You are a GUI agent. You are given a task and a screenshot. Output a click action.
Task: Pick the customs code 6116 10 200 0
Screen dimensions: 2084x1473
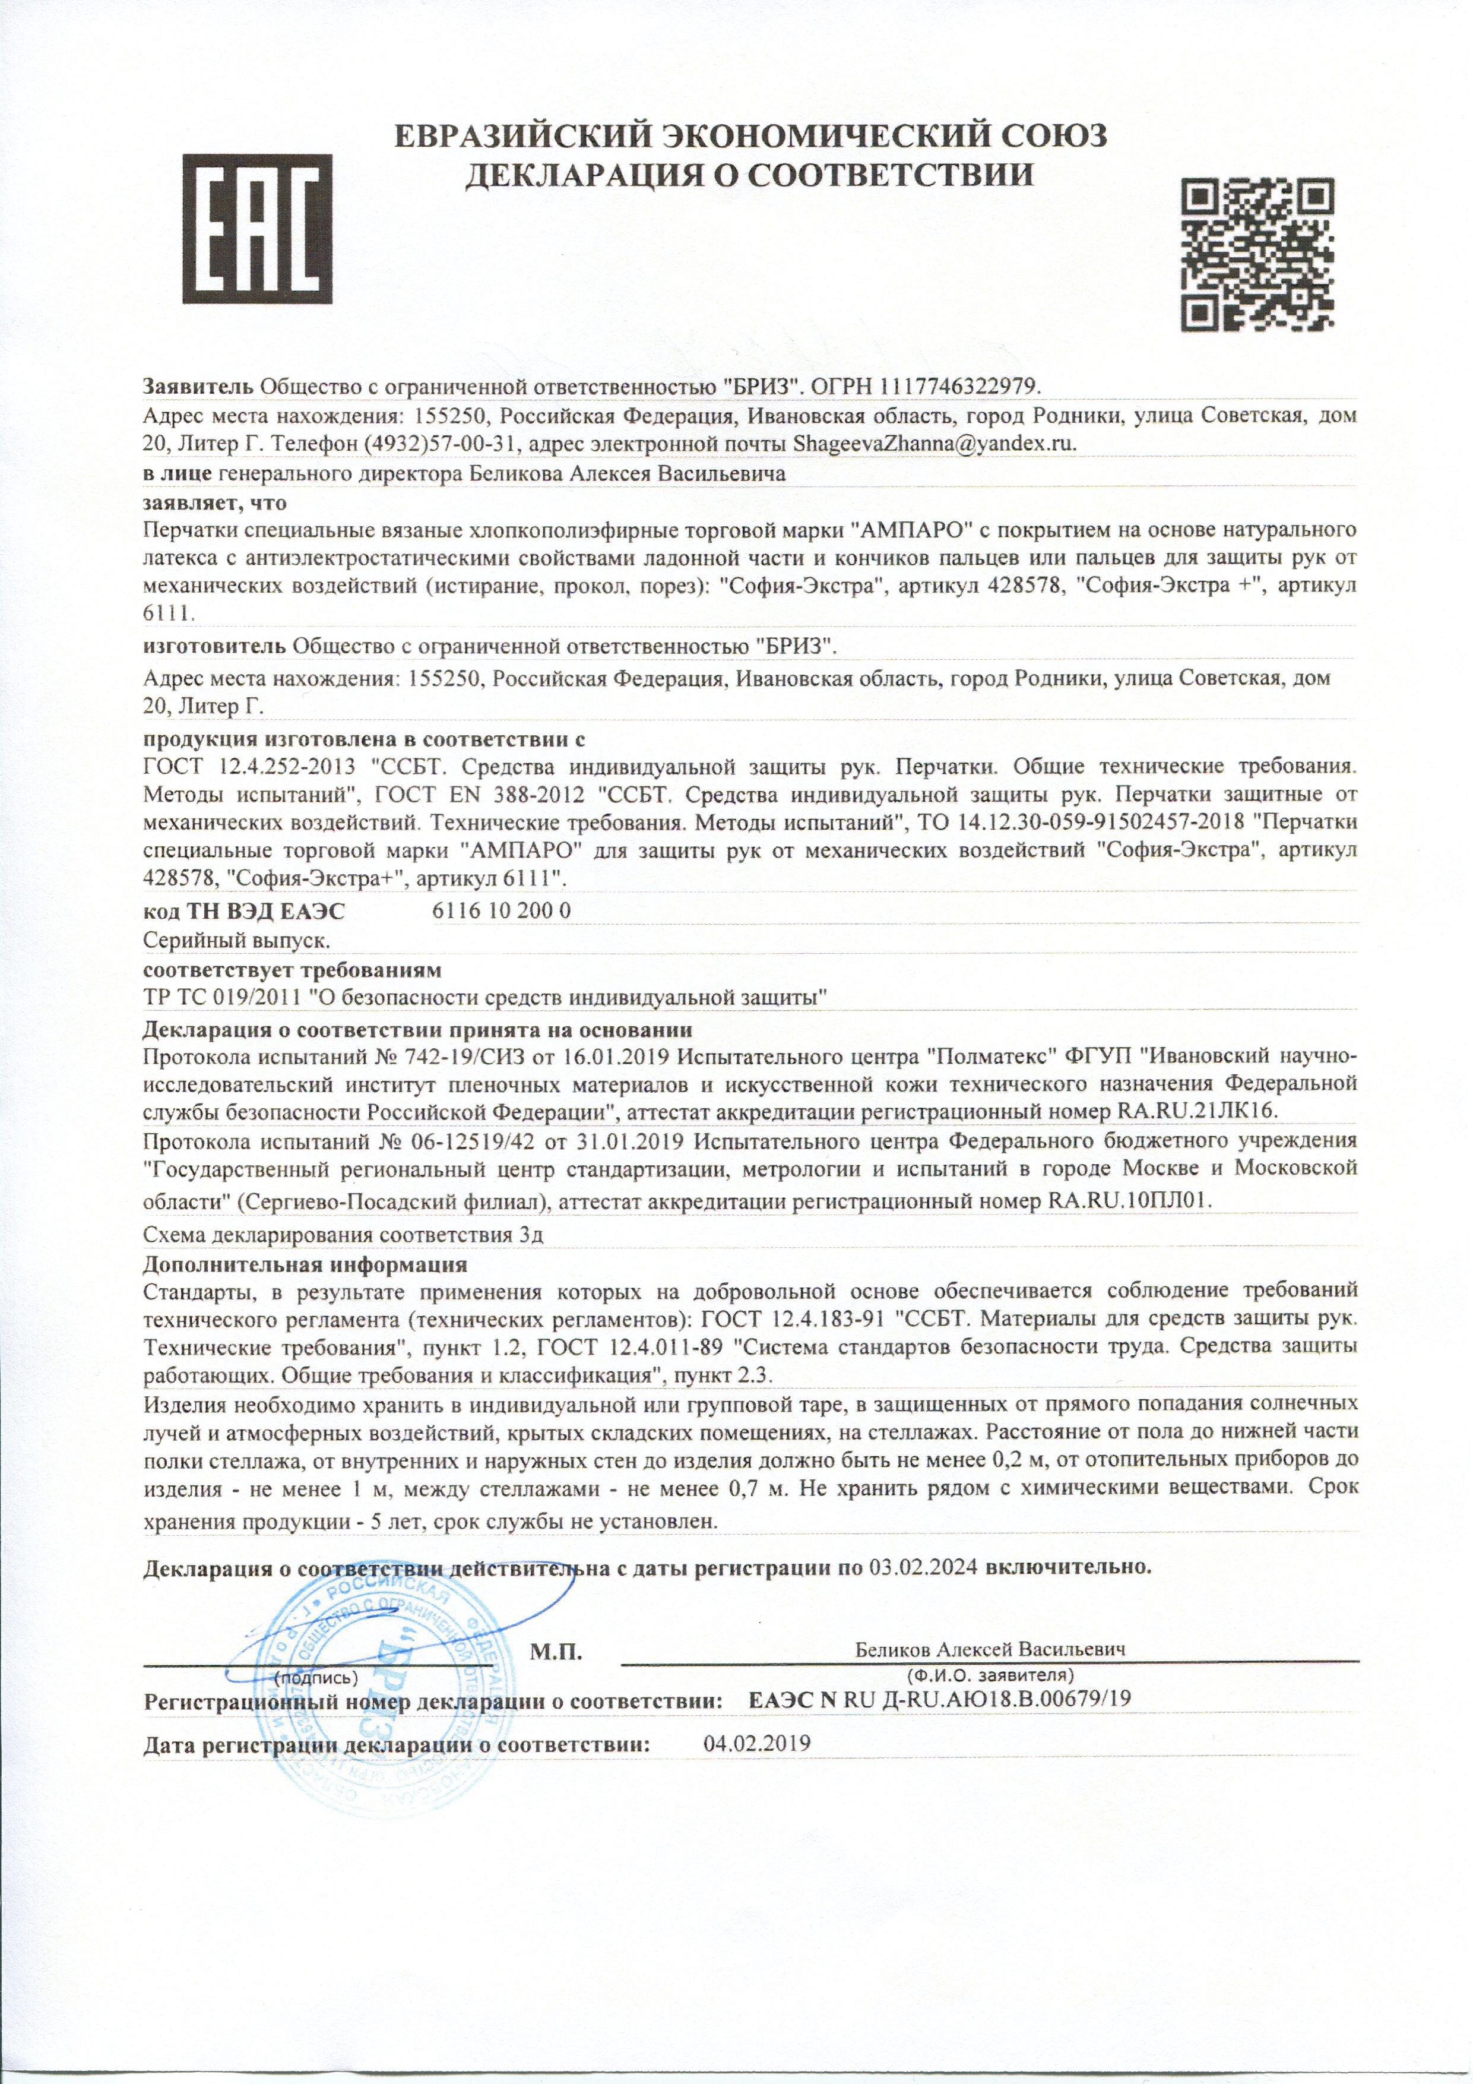point(498,910)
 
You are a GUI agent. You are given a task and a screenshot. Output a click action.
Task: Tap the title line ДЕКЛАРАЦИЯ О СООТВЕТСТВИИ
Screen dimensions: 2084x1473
point(749,174)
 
